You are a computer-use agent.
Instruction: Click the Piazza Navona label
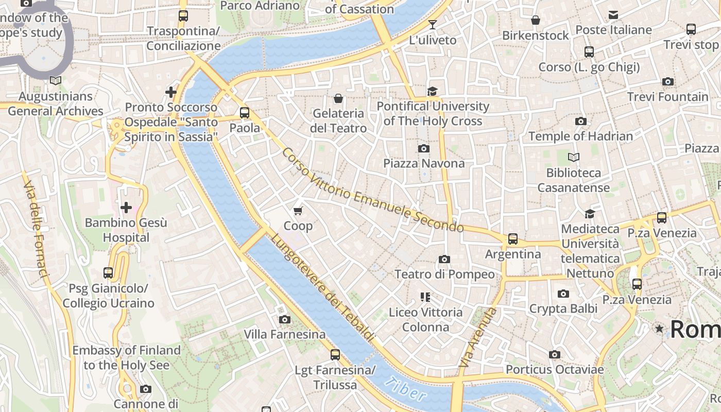coord(423,163)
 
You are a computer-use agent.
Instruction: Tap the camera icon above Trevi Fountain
coord(667,82)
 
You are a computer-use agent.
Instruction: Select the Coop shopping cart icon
coord(298,211)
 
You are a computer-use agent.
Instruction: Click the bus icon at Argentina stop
coord(512,239)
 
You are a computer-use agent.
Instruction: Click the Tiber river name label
coord(406,389)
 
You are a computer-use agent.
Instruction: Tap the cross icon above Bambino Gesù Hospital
coord(126,208)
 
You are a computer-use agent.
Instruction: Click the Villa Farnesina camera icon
coord(284,320)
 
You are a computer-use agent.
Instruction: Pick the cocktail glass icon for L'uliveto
coord(432,24)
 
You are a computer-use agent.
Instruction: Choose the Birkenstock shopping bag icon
coord(536,20)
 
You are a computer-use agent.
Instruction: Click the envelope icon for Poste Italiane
coord(613,15)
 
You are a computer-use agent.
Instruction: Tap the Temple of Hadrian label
coord(580,136)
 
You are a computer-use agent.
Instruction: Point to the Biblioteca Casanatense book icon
coord(573,157)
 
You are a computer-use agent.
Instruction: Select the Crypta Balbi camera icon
coord(563,294)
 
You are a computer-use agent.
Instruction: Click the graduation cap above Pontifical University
coord(432,91)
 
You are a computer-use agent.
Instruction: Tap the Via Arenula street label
coord(478,337)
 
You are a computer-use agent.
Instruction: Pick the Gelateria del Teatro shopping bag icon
coord(338,98)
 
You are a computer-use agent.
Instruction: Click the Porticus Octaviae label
coord(554,370)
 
